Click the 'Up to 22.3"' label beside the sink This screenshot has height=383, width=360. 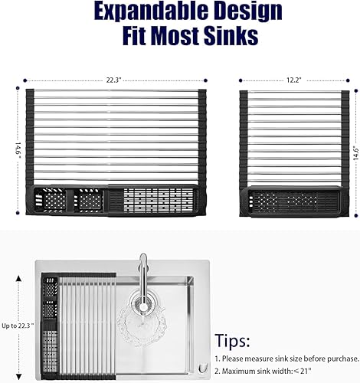coord(16,325)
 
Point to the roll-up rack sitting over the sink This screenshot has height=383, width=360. coord(77,322)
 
